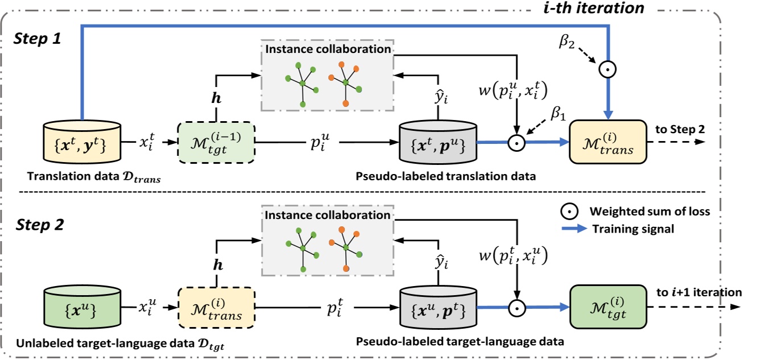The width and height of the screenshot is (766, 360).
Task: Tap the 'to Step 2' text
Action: pyautogui.click(x=680, y=129)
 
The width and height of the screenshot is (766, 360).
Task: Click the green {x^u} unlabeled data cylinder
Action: pyautogui.click(x=82, y=308)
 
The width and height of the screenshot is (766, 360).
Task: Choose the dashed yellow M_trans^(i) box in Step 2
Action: pyautogui.click(x=216, y=308)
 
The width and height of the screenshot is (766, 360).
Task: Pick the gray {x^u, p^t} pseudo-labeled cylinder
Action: pyautogui.click(x=437, y=308)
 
